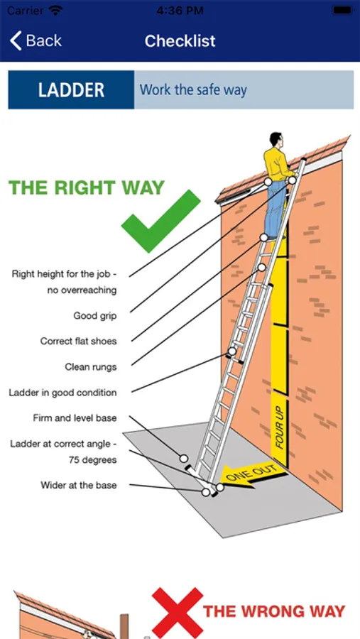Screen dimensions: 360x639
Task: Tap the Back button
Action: [36, 40]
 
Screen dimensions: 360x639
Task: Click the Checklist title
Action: [180, 40]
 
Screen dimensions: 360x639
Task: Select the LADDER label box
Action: [71, 89]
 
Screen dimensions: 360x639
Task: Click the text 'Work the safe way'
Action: [193, 89]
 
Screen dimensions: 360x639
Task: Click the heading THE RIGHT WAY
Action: [87, 187]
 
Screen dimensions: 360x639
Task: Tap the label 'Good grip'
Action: [95, 316]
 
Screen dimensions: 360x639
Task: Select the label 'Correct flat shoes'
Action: [78, 341]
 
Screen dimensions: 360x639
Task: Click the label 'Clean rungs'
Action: [90, 367]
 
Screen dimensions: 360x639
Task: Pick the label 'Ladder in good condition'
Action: [62, 393]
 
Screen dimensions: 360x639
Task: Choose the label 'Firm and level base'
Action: [75, 418]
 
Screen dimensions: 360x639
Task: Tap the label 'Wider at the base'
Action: [79, 486]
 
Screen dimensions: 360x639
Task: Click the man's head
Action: [276, 141]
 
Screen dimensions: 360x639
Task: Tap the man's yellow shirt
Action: [276, 164]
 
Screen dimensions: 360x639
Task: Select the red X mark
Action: [178, 613]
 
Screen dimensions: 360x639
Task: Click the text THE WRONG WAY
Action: [274, 611]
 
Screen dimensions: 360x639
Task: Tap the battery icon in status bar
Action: [342, 10]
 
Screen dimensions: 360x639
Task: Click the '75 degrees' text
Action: [93, 460]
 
